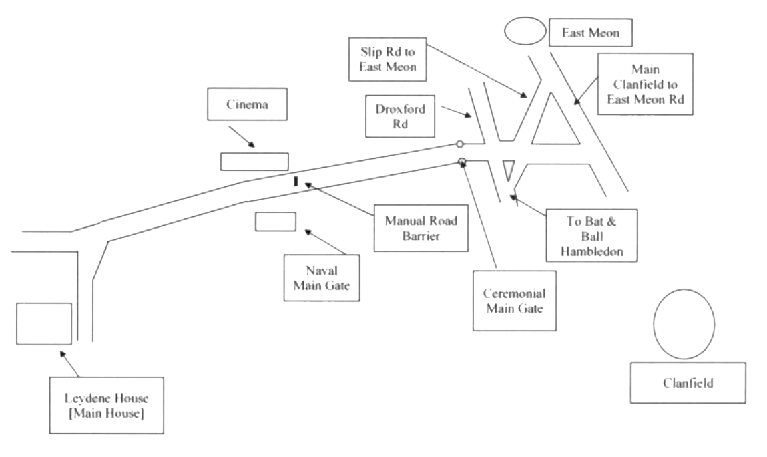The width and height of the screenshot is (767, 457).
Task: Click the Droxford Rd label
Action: (x=400, y=116)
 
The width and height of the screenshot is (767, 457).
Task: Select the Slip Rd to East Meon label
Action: (x=387, y=59)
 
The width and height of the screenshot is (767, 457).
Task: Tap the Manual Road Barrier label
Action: (x=421, y=228)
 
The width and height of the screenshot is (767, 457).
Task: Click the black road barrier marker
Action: (x=296, y=182)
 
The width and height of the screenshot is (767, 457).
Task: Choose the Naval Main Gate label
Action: (x=322, y=278)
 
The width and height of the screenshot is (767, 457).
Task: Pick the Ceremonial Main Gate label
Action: (x=515, y=301)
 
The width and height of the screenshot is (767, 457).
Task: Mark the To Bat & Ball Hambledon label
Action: (x=591, y=236)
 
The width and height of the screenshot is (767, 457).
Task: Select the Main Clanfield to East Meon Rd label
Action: (x=646, y=84)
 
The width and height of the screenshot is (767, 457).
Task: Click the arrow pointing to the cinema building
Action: (x=242, y=137)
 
